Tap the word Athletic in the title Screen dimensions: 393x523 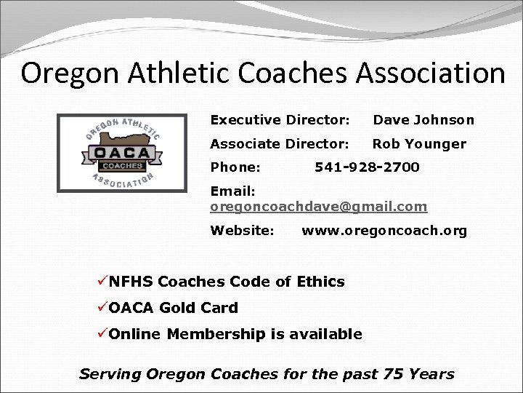(167, 74)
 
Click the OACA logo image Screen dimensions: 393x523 (121, 153)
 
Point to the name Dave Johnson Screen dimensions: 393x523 (423, 120)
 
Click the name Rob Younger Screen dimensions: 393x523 (419, 143)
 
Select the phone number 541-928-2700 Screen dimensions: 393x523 (367, 167)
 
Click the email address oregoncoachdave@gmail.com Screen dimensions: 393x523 (319, 207)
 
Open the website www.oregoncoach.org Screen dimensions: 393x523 (384, 231)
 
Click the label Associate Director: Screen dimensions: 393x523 (280, 143)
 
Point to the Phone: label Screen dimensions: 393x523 (235, 167)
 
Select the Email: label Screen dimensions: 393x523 (232, 191)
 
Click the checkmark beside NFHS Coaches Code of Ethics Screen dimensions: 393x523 (102, 281)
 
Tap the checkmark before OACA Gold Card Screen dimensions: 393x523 (102, 307)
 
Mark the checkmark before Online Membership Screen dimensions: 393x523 (102, 333)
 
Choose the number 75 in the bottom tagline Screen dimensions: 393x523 (394, 374)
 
